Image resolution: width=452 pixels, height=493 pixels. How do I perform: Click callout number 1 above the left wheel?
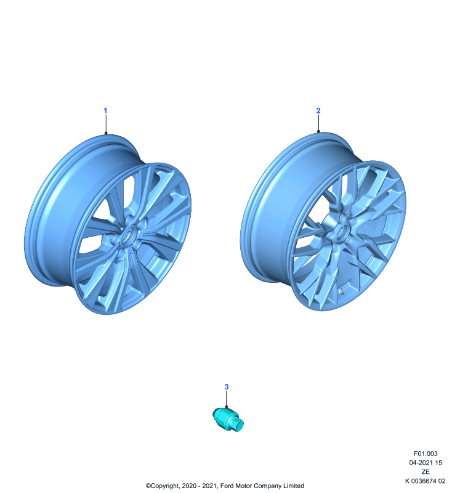click(105, 111)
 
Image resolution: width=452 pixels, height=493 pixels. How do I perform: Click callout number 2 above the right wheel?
click(318, 111)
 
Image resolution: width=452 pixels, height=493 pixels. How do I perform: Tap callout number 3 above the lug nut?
click(227, 387)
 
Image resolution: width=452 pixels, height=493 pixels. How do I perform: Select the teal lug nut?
click(228, 419)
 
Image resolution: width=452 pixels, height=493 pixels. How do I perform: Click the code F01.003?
click(426, 454)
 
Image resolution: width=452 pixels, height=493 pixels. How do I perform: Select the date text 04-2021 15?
click(426, 463)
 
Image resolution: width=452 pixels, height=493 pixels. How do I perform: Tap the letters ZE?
click(426, 471)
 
